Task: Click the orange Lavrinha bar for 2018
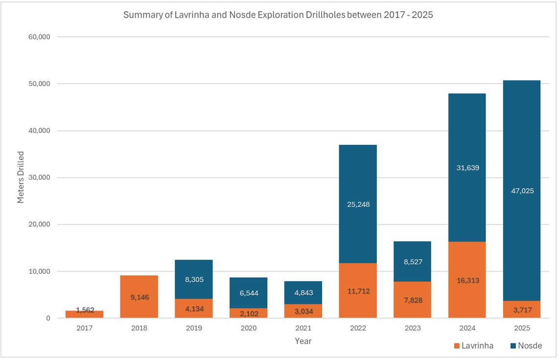click(x=139, y=296)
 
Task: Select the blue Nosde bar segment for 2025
click(x=522, y=190)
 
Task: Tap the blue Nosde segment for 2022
click(x=358, y=204)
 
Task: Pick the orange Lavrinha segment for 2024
click(x=467, y=280)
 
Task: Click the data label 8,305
click(x=194, y=279)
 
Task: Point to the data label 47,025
click(x=522, y=191)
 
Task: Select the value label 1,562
click(x=85, y=310)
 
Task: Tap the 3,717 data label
click(x=522, y=310)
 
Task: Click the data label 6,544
click(x=249, y=293)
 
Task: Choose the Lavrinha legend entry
click(x=474, y=346)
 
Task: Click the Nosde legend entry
click(x=526, y=346)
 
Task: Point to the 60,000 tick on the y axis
click(x=39, y=37)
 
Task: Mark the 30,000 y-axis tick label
click(x=39, y=178)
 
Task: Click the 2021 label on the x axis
click(x=303, y=328)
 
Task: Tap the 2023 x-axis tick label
click(x=413, y=328)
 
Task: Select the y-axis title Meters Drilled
click(x=21, y=178)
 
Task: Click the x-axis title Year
click(x=303, y=341)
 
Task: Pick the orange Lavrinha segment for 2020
click(x=249, y=313)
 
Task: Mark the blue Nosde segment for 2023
click(x=412, y=261)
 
